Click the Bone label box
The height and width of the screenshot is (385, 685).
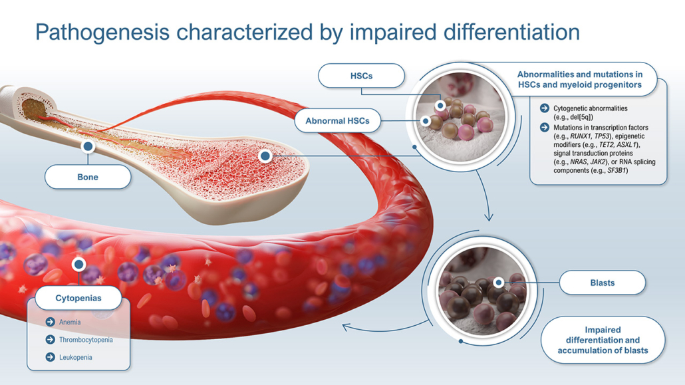(x=88, y=177)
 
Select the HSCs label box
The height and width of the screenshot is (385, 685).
(x=361, y=76)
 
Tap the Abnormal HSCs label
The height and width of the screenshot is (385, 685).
(x=337, y=120)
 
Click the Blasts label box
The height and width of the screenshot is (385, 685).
(x=603, y=283)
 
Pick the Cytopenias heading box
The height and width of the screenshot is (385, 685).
(x=78, y=298)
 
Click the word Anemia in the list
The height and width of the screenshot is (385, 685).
(x=70, y=322)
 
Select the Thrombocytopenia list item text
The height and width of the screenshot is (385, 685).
(x=86, y=340)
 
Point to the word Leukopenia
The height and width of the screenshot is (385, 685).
(x=76, y=357)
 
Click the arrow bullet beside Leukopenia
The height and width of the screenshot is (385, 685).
(x=51, y=357)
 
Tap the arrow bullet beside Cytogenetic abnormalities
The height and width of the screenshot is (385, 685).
(x=544, y=108)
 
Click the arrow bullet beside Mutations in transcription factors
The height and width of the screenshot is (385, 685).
(x=544, y=127)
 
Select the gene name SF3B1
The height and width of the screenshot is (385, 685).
(x=616, y=170)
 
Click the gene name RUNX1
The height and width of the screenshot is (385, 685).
(x=581, y=136)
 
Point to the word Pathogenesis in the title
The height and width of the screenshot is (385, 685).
(x=102, y=33)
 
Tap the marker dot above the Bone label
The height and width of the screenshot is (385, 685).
(x=88, y=146)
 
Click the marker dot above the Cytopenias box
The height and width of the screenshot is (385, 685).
(x=78, y=264)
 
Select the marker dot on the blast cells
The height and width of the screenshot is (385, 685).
(x=499, y=283)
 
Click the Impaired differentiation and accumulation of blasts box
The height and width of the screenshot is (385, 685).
(x=603, y=340)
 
